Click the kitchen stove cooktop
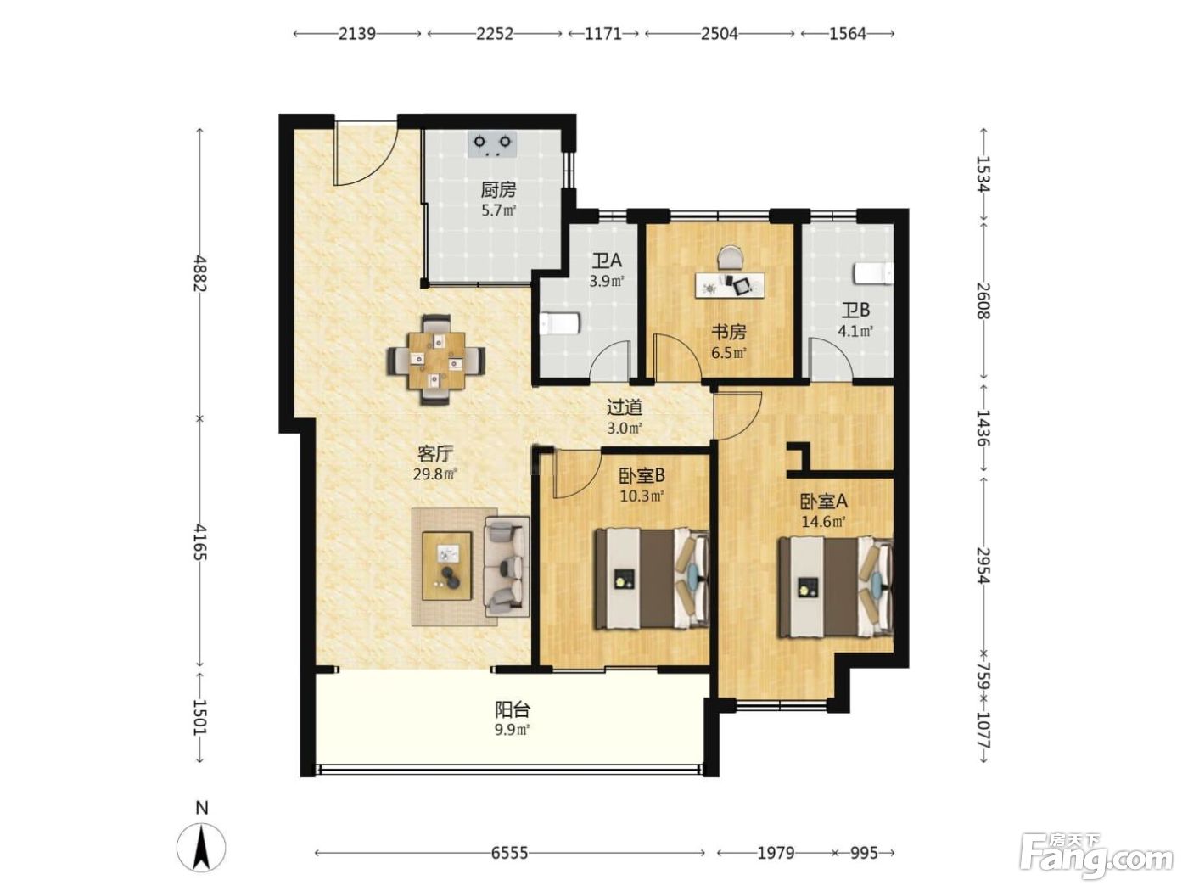tap(491, 144)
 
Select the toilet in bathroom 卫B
tap(873, 273)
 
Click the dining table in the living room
tap(436, 361)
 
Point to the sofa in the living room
tap(506, 566)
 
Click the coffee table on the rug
tap(446, 566)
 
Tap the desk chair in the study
tap(731, 257)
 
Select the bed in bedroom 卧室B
tap(652, 579)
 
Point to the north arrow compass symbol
tap(201, 847)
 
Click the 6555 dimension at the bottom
tap(509, 853)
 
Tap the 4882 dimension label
tap(201, 273)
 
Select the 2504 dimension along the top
tap(720, 34)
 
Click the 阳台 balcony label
tap(513, 709)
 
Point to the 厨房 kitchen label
tap(498, 190)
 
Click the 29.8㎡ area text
tap(435, 474)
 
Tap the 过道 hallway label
tap(625, 407)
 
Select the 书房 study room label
tap(728, 332)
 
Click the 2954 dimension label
tap(983, 565)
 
